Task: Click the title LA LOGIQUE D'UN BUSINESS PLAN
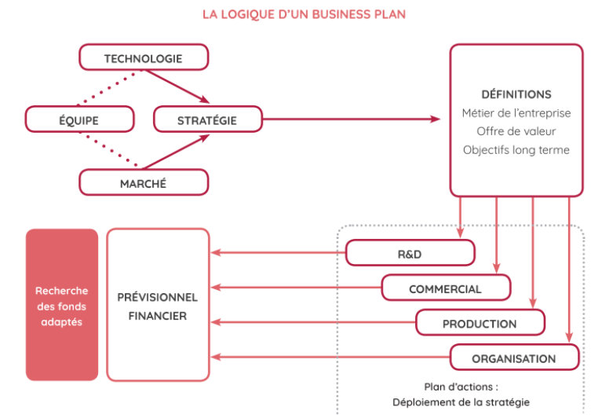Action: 304,14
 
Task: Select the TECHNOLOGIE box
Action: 144,58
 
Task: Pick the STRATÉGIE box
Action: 207,120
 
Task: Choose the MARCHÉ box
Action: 144,183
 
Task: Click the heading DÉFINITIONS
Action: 516,94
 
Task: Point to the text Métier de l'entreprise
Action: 516,113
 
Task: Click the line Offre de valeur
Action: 516,131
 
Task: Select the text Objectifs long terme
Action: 516,149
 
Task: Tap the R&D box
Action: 410,253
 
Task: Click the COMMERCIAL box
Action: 445,288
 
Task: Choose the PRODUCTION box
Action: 480,323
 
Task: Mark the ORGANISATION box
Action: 514,358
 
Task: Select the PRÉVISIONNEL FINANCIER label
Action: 158,306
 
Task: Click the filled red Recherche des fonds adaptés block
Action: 62,306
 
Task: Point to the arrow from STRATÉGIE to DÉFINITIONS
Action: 353,119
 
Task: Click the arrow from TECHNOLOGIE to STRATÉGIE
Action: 178,86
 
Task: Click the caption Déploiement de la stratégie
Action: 461,402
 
